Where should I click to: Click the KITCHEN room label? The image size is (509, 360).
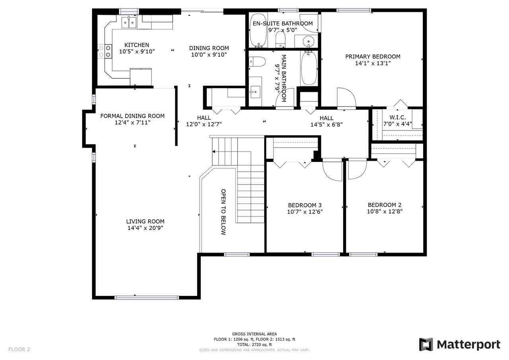[136, 45]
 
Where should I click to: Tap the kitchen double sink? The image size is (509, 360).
[129, 22]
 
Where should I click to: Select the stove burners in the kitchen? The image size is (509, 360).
[105, 51]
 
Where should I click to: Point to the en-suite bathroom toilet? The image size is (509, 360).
[280, 39]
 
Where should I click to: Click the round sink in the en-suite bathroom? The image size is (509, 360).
[308, 41]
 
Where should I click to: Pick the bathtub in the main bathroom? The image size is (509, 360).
[309, 68]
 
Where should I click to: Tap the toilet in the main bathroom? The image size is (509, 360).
[257, 62]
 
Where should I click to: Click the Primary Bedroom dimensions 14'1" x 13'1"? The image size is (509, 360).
[373, 63]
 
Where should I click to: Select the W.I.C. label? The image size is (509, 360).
[398, 117]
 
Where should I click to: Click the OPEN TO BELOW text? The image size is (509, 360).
[223, 212]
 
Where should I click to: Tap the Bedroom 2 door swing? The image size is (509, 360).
[357, 169]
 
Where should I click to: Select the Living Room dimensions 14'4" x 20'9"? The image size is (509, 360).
[145, 228]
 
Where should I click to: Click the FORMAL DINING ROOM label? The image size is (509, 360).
[132, 116]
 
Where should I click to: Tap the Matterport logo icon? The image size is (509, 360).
[426, 344]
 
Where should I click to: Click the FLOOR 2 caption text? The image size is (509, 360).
[19, 349]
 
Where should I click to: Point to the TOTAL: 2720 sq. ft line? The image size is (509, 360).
[254, 344]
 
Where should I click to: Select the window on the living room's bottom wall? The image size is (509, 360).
[147, 298]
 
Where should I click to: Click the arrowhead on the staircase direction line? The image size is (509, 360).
[214, 152]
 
